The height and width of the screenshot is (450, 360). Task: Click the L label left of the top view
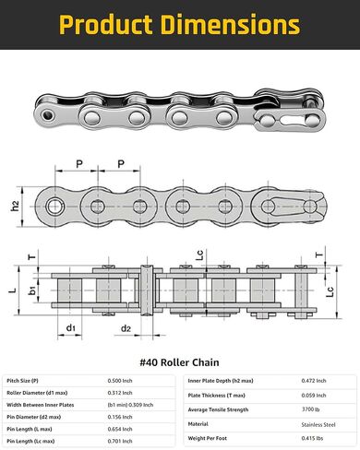coord(12,290)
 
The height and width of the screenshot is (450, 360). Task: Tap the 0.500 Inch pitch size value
coord(120,380)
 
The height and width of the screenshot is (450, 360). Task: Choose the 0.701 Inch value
coord(120,442)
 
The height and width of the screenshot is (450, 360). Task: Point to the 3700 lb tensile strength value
coord(312,409)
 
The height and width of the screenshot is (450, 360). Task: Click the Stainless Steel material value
coord(318,424)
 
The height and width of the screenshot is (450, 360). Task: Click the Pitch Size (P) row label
coord(24,380)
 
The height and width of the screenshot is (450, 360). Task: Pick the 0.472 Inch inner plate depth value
coord(315,380)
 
